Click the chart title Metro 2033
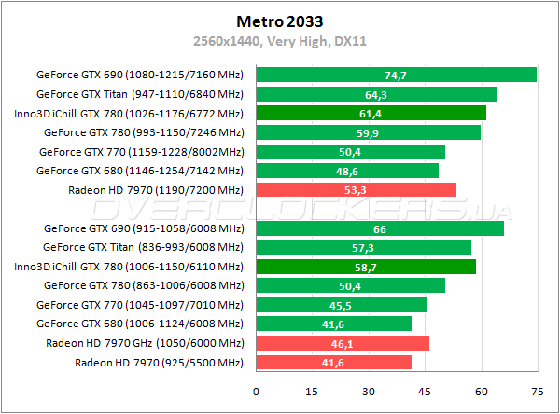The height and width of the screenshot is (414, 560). pyautogui.click(x=279, y=20)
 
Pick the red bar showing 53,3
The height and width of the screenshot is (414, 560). pyautogui.click(x=356, y=190)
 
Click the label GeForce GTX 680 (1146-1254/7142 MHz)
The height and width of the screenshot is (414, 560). pyautogui.click(x=139, y=171)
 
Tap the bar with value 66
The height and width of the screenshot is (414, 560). pyautogui.click(x=379, y=228)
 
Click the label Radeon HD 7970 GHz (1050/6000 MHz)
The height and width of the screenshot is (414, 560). pyautogui.click(x=145, y=343)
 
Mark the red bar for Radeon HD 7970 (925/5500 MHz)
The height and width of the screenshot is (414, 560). pyautogui.click(x=333, y=362)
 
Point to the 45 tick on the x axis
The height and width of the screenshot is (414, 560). pyautogui.click(x=425, y=391)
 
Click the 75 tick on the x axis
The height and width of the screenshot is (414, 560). pyautogui.click(x=538, y=391)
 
